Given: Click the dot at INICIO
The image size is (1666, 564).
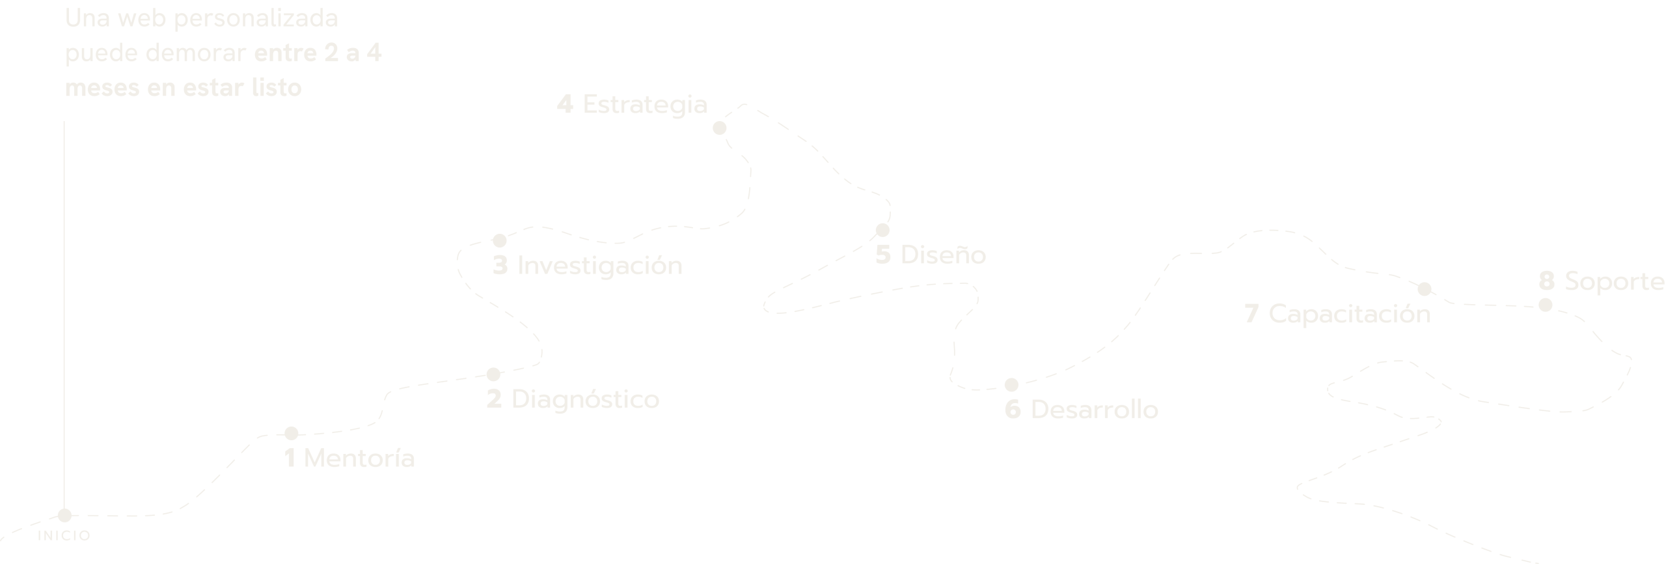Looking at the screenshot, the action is pyautogui.click(x=64, y=515).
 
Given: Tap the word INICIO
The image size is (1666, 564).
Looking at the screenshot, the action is pyautogui.click(x=64, y=536).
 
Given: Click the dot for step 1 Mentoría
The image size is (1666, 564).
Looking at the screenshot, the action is pyautogui.click(x=292, y=433).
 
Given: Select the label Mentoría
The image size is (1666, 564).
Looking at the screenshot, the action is pyautogui.click(x=359, y=458).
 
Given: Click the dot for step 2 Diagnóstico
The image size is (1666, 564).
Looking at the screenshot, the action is pyautogui.click(x=493, y=374).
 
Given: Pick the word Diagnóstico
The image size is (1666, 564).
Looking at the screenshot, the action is pyautogui.click(x=586, y=399).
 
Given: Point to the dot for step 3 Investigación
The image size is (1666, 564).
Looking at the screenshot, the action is pyautogui.click(x=500, y=240).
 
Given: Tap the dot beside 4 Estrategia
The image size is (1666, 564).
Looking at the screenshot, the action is pyautogui.click(x=719, y=128).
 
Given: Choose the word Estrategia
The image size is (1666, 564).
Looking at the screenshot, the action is pyautogui.click(x=645, y=105).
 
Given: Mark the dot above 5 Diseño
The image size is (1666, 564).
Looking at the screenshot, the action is pyautogui.click(x=882, y=230).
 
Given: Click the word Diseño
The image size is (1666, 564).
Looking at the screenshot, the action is pyautogui.click(x=943, y=255).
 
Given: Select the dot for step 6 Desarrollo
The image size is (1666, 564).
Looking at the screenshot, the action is pyautogui.click(x=1011, y=384).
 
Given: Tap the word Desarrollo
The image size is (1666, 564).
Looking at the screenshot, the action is pyautogui.click(x=1095, y=410).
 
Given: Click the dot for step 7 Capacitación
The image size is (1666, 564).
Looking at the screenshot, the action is pyautogui.click(x=1425, y=289).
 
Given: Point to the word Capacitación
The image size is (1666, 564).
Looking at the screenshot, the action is pyautogui.click(x=1350, y=315).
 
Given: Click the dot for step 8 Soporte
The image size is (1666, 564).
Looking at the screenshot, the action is pyautogui.click(x=1546, y=305).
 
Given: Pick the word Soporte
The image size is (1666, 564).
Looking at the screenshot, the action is pyautogui.click(x=1615, y=282).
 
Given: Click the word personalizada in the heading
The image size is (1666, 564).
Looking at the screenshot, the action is pyautogui.click(x=256, y=18).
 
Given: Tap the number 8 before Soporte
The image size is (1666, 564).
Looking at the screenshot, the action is pyautogui.click(x=1547, y=281).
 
